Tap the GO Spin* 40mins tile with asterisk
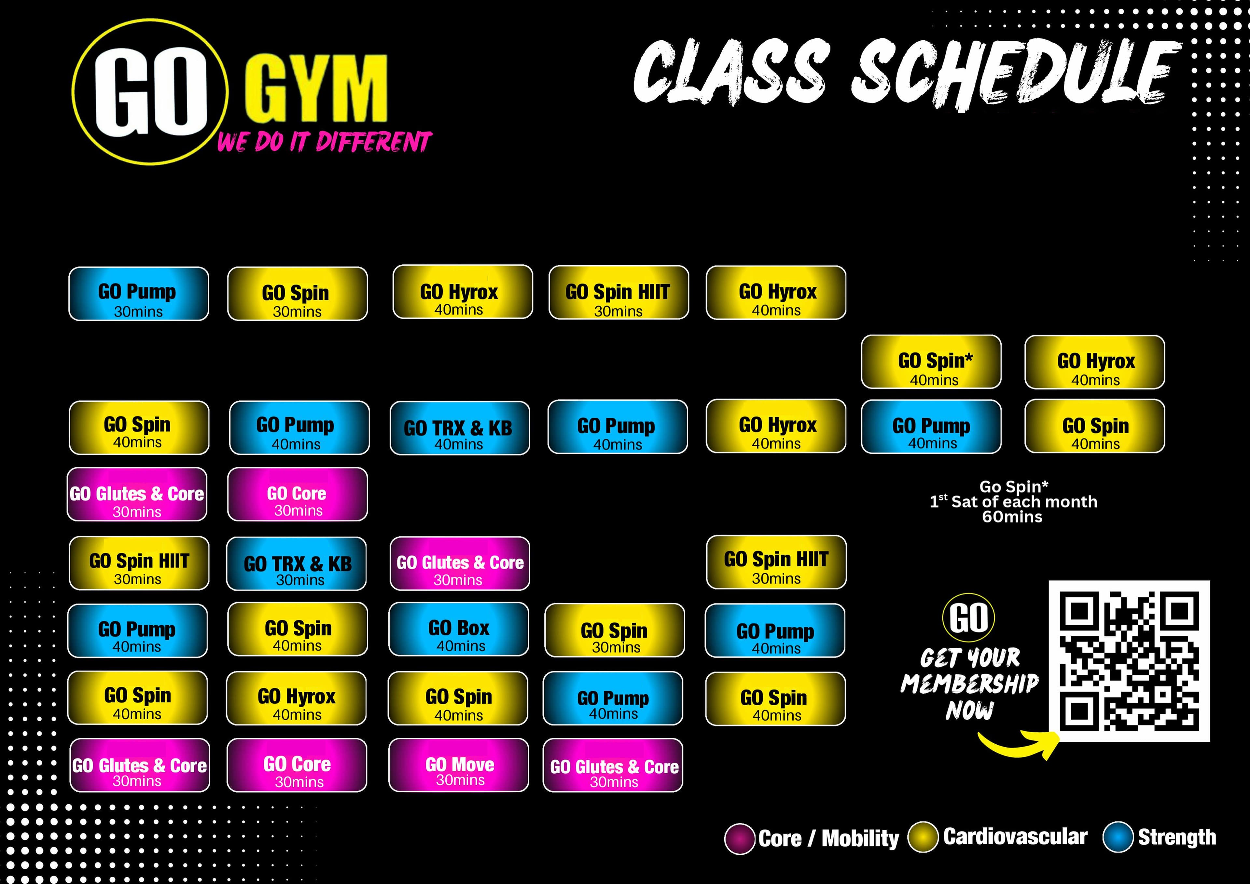tap(931, 362)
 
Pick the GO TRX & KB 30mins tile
tap(297, 564)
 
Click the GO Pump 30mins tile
tap(138, 294)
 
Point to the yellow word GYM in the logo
tap(316, 90)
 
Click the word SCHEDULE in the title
tap(1015, 74)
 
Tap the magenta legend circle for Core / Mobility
tap(739, 839)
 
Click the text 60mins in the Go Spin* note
tap(1012, 517)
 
